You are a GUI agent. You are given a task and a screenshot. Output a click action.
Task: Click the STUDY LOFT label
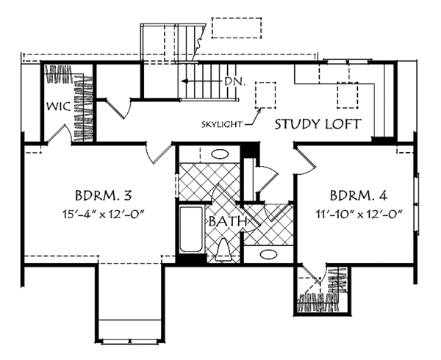(x=318, y=124)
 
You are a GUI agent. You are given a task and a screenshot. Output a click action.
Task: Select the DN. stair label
(x=235, y=82)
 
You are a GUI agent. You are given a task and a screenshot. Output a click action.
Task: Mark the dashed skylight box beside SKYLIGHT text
(x=264, y=96)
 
